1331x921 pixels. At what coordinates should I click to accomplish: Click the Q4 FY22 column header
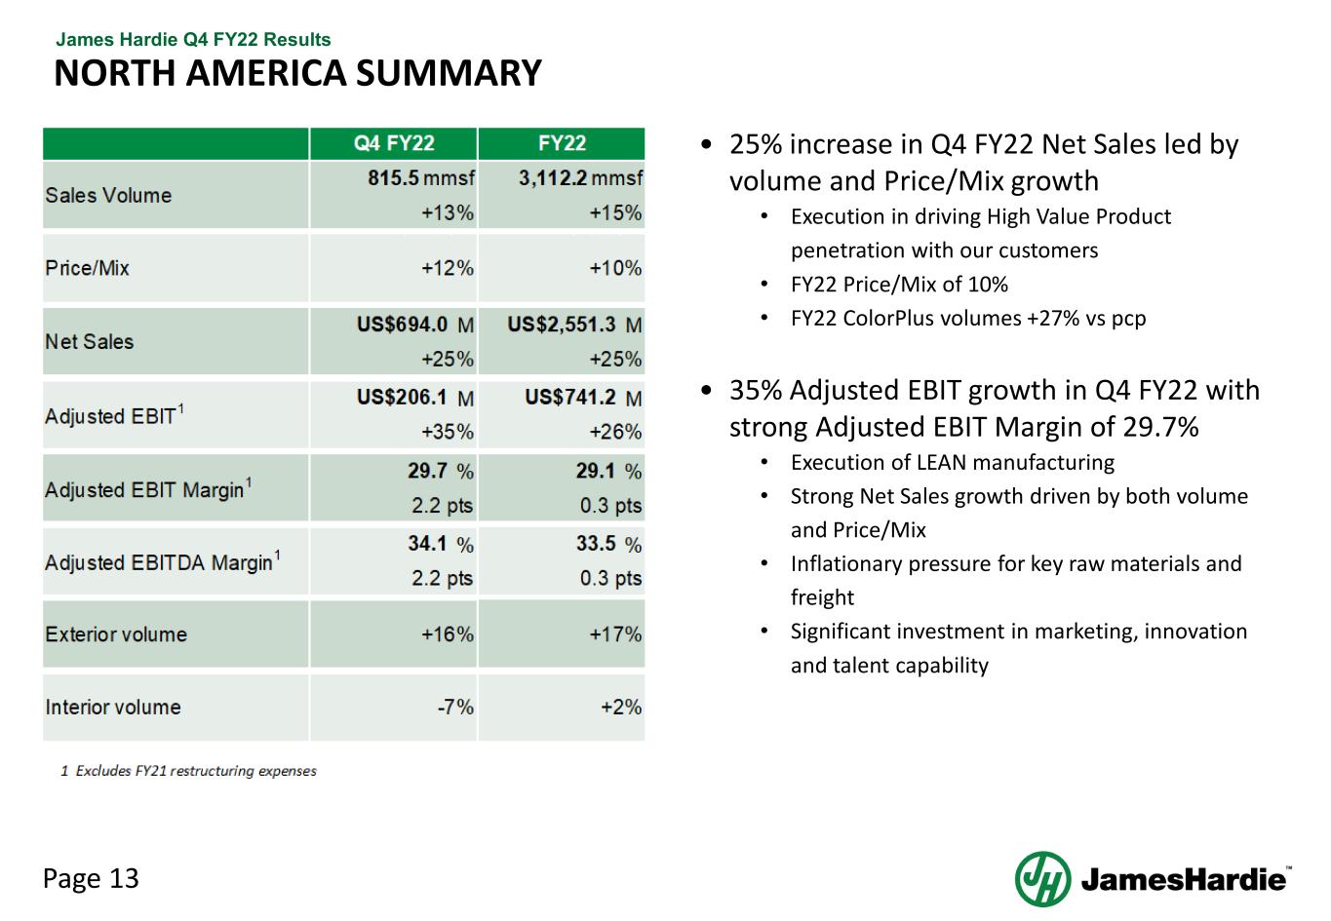[394, 143]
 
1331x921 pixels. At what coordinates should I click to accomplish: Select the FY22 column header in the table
[562, 143]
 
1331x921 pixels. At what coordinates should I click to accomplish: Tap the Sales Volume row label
[108, 195]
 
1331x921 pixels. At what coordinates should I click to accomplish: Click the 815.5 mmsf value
[421, 178]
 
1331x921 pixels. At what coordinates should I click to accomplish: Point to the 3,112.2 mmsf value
[580, 178]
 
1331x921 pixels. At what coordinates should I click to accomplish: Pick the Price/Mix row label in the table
[87, 268]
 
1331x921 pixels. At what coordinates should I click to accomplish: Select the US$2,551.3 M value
[574, 325]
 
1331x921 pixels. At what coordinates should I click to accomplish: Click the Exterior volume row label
[115, 634]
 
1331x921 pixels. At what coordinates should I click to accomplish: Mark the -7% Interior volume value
[454, 708]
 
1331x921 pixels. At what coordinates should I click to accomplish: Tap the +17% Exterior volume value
[615, 634]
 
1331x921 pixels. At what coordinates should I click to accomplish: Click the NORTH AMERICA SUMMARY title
[297, 73]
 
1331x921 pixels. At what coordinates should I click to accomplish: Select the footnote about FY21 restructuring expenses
[189, 771]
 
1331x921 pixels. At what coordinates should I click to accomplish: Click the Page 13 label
[91, 878]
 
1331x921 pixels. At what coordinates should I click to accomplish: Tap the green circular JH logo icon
[1042, 879]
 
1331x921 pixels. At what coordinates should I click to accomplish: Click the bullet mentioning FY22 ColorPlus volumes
[967, 318]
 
